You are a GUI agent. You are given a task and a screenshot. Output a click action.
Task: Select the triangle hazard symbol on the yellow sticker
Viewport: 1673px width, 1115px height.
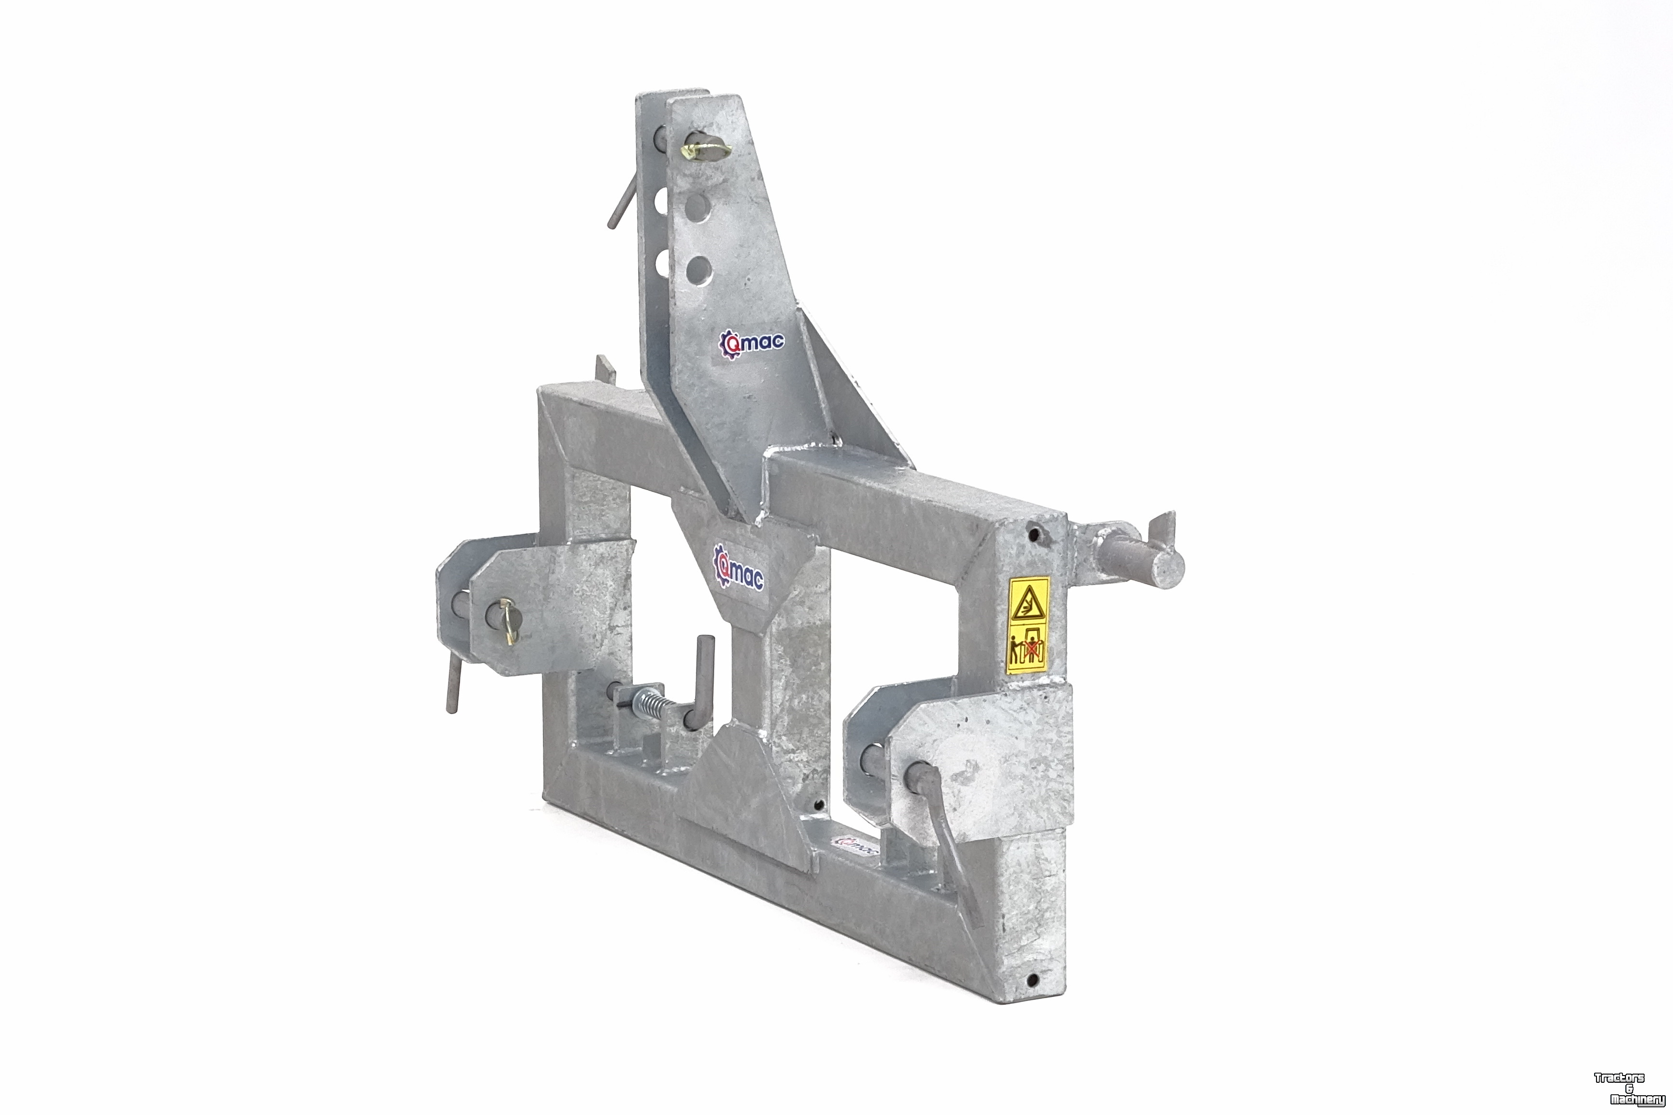(x=1028, y=604)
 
